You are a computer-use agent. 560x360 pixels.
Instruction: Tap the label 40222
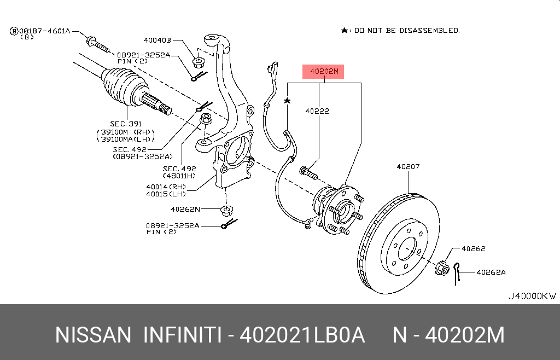(317, 111)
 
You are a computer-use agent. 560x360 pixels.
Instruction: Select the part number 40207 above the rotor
(408, 167)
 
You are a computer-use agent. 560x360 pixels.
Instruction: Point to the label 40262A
(491, 272)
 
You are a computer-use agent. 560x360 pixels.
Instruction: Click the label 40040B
(157, 40)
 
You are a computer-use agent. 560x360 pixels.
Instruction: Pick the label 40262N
(185, 209)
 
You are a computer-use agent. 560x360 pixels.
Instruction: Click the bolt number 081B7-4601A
(45, 31)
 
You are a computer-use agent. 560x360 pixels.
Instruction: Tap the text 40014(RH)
(166, 187)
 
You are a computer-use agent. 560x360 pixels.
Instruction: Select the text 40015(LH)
(166, 194)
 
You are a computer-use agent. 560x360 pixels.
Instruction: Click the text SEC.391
(126, 124)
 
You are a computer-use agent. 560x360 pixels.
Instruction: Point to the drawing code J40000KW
(532, 296)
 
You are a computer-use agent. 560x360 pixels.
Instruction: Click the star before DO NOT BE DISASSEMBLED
(344, 31)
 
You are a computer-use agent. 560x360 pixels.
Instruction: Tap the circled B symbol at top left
(13, 31)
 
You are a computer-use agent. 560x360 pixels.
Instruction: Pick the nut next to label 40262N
(225, 210)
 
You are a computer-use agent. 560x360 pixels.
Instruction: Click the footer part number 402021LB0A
(303, 335)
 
